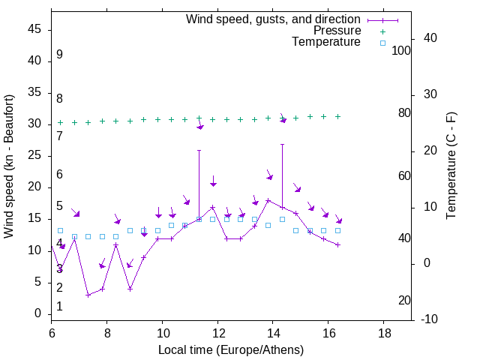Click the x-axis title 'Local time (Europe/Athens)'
point(231,350)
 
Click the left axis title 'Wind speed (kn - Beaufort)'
point(9,166)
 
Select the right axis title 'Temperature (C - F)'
point(451,166)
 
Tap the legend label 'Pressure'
point(338,31)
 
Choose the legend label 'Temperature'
point(326,42)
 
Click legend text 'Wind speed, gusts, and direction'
point(273,19)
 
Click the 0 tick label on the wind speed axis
point(37,313)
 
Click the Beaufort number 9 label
point(59,55)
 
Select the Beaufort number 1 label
point(59,307)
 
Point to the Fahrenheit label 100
point(402,50)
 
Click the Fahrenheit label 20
point(404,301)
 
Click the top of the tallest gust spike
point(282,144)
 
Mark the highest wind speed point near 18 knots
point(268,200)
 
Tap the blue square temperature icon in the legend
point(382,43)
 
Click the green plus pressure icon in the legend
point(382,31)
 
